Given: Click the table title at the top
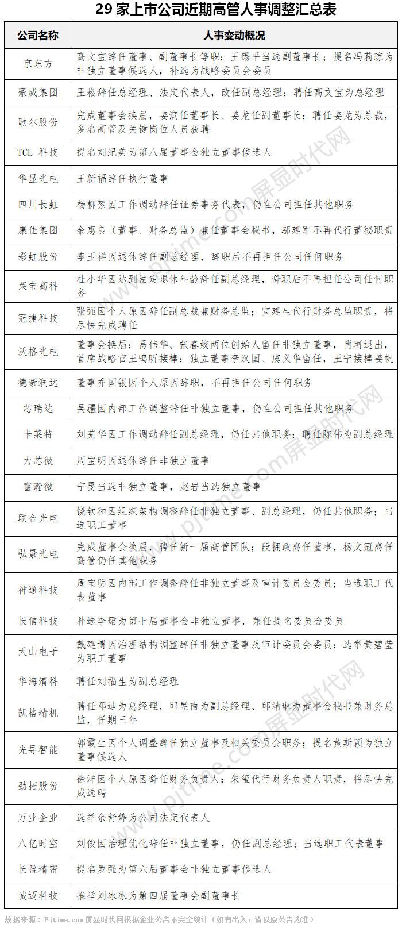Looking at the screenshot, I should click(x=200, y=10).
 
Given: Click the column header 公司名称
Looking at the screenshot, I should click(x=38, y=36).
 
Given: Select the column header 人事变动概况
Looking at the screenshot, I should click(x=234, y=36).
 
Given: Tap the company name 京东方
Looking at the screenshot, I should click(x=38, y=63).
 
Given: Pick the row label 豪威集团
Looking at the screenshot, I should click(x=38, y=93).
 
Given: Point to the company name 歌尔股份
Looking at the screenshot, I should click(x=38, y=122).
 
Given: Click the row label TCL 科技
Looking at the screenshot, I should click(x=38, y=152).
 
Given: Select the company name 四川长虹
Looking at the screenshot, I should click(x=38, y=205).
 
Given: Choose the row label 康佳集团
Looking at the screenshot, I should click(x=38, y=230).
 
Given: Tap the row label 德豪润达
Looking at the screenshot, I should click(x=38, y=382).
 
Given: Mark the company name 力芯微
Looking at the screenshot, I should click(x=38, y=461).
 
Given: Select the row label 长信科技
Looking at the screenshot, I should click(x=38, y=621).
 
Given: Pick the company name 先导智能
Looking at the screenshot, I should click(x=38, y=749).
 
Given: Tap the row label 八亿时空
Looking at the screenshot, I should click(x=38, y=844).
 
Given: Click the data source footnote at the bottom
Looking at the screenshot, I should click(x=160, y=919).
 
